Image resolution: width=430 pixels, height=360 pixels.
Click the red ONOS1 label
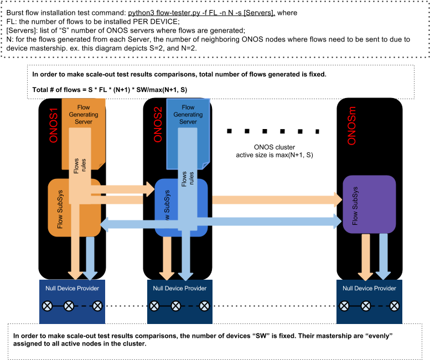(x=54, y=121)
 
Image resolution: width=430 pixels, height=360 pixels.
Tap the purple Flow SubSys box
(x=369, y=204)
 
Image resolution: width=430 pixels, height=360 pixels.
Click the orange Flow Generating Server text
(x=83, y=115)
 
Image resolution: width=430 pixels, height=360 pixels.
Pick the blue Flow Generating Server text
(x=188, y=115)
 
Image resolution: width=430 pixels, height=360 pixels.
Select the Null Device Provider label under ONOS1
(x=72, y=288)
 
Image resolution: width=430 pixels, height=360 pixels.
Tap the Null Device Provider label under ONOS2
(x=179, y=288)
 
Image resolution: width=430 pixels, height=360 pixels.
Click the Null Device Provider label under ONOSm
(x=369, y=288)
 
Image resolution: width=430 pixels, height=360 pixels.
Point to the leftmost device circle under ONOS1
(x=48, y=305)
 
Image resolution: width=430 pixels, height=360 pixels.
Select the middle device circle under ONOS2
(x=176, y=305)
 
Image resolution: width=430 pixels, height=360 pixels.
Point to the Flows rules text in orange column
(x=80, y=165)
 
